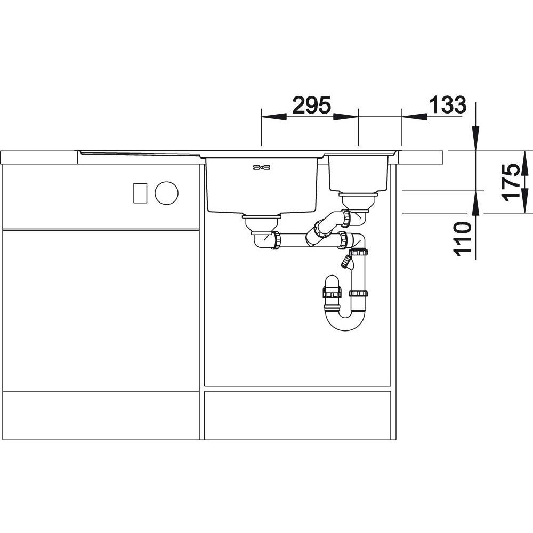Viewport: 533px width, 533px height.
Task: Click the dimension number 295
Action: click(311, 105)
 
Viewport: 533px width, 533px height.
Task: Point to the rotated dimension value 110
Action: click(463, 238)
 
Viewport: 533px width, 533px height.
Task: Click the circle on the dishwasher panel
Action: click(166, 193)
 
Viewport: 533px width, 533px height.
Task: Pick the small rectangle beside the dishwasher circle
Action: click(140, 193)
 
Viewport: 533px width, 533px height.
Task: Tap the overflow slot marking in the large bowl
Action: click(261, 167)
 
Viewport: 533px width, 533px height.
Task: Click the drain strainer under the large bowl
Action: click(261, 224)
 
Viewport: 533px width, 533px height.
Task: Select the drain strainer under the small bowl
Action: click(358, 200)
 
